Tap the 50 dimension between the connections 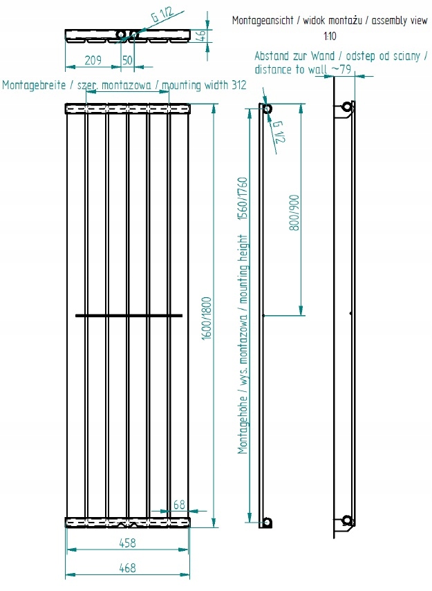pos(127,59)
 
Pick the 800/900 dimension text pos(295,212)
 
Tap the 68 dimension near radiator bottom pos(179,505)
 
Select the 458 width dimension pos(126,543)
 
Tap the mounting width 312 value pos(239,85)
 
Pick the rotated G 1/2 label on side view pos(279,131)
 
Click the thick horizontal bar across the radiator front pos(129,315)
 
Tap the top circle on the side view pos(266,109)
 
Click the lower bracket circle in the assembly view pos(347,520)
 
